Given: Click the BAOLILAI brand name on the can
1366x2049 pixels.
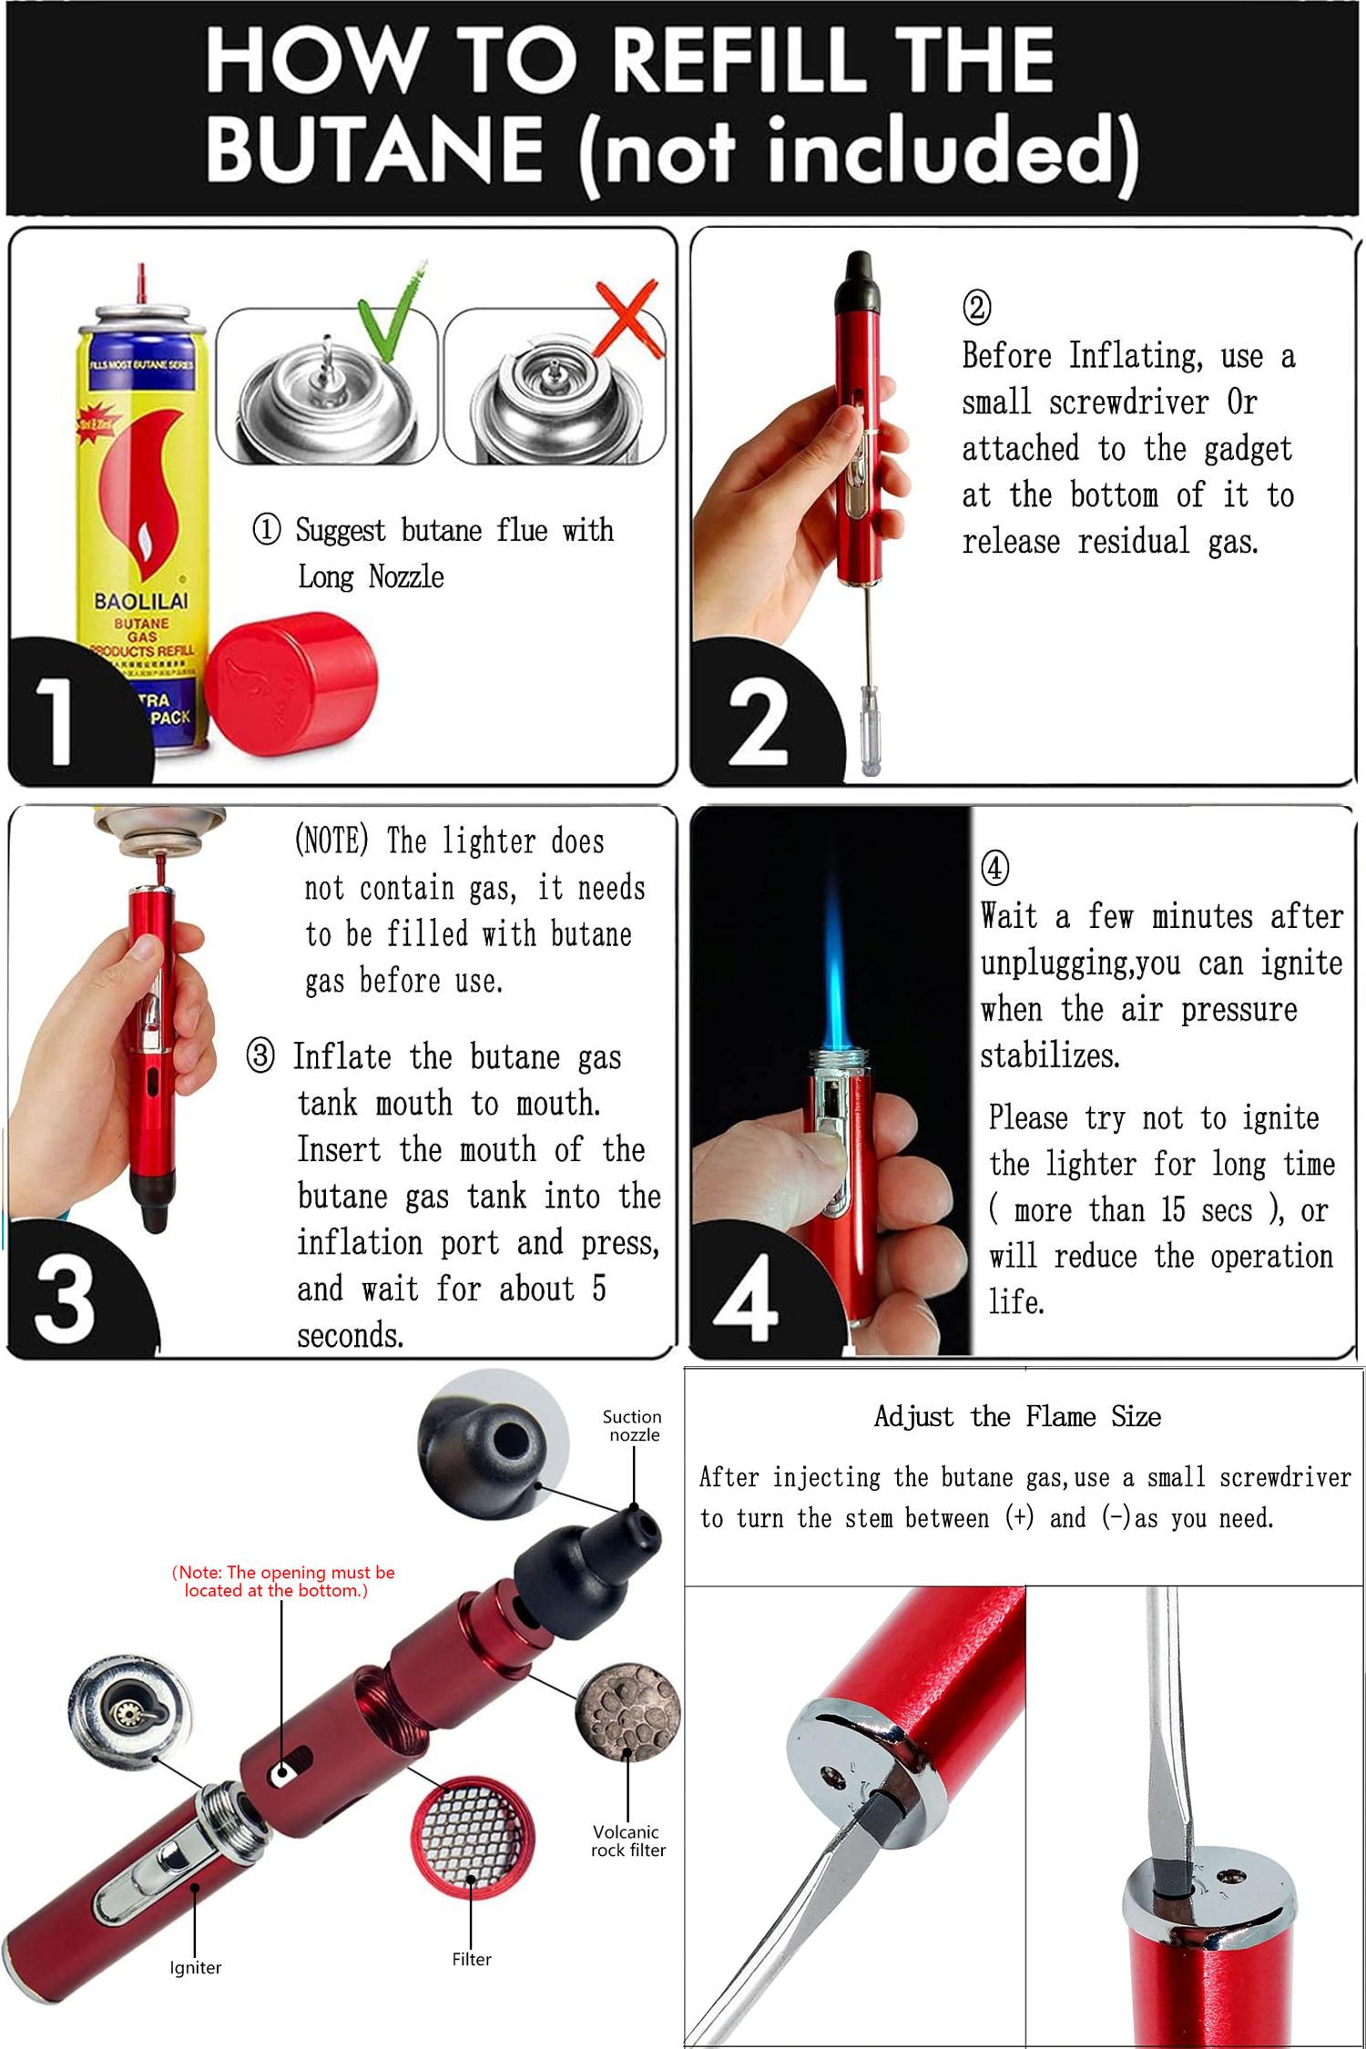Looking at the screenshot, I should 141,601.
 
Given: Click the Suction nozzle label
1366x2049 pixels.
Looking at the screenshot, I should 632,1425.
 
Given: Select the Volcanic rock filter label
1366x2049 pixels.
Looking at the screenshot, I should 627,1840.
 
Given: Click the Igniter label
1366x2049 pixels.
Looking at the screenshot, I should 195,1967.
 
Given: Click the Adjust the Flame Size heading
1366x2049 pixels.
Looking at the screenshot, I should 1017,1416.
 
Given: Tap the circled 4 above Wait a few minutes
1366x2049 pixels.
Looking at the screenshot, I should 994,867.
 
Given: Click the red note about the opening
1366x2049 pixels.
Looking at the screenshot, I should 282,1581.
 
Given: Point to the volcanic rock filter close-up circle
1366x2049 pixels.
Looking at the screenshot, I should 627,1712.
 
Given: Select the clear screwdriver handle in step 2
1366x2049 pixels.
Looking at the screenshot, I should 870,742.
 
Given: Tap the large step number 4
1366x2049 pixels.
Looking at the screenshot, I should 746,1301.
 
